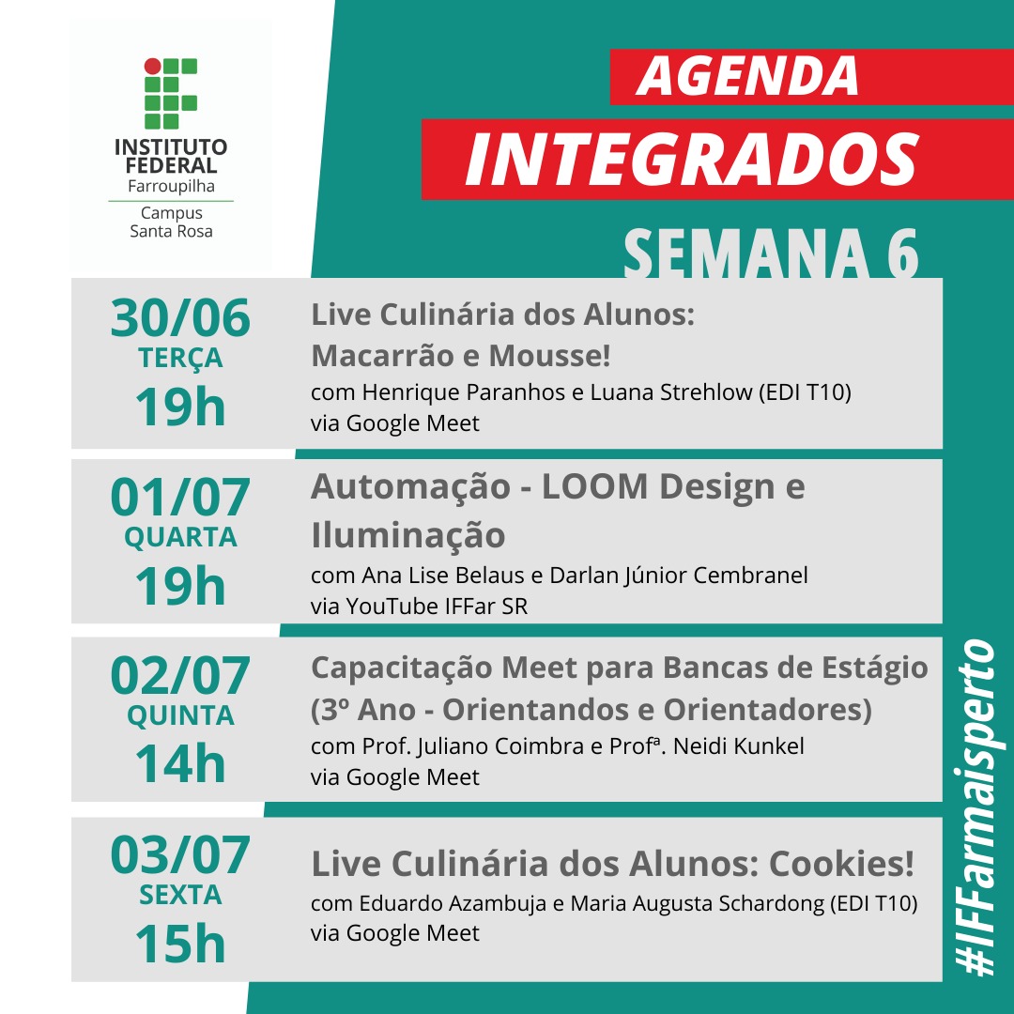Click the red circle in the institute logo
153,66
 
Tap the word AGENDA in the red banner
747,76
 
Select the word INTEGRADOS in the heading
691,159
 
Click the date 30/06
180,318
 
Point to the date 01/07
180,498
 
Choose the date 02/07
180,676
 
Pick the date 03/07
180,855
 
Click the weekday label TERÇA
180,359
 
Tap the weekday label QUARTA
180,537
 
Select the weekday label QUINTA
180,715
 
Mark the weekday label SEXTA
180,895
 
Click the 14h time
180,763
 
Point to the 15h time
180,944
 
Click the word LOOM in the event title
595,487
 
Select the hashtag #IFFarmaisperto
976,807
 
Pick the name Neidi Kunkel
739,746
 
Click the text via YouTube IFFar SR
419,607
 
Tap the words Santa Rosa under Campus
172,232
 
